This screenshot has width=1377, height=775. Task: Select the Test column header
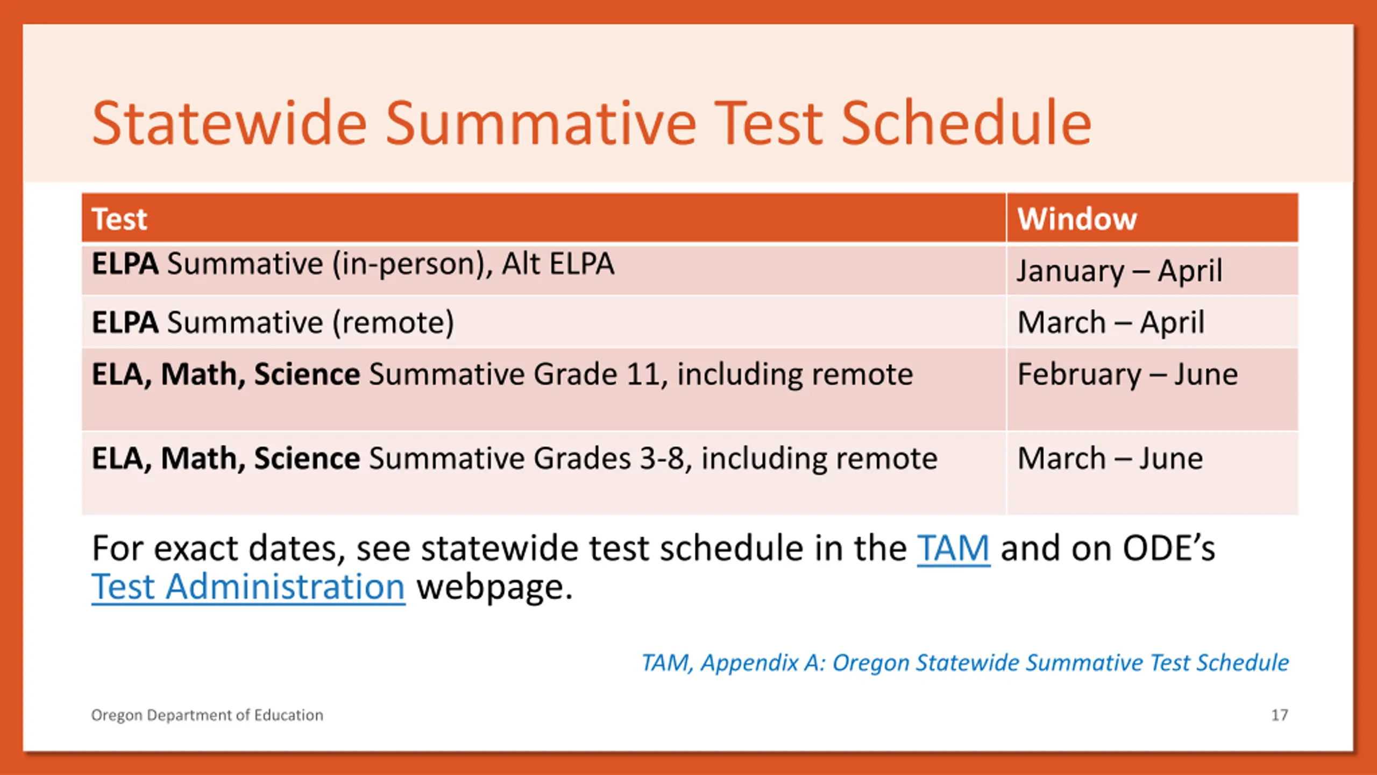pyautogui.click(x=119, y=219)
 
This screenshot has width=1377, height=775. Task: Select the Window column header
pyautogui.click(x=1077, y=219)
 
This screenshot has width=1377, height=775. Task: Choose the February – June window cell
pyautogui.click(x=1127, y=375)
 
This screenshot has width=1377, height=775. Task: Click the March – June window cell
pyautogui.click(x=1110, y=459)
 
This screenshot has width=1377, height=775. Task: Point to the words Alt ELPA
pyautogui.click(x=558, y=264)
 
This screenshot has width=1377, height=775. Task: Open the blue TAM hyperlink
pyautogui.click(x=953, y=548)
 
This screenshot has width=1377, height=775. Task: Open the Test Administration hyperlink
pyautogui.click(x=248, y=587)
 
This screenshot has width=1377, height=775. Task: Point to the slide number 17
pyautogui.click(x=1280, y=715)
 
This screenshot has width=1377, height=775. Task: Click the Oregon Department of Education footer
pyautogui.click(x=207, y=715)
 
